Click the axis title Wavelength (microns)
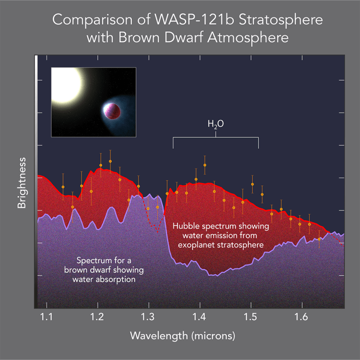point(182,336)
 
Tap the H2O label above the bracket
point(216,125)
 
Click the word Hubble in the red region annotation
point(187,226)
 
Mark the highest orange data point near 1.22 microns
point(110,161)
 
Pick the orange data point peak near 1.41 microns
point(205,165)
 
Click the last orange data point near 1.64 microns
point(319,239)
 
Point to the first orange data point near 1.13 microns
point(63,187)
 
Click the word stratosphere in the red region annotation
point(240,244)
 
